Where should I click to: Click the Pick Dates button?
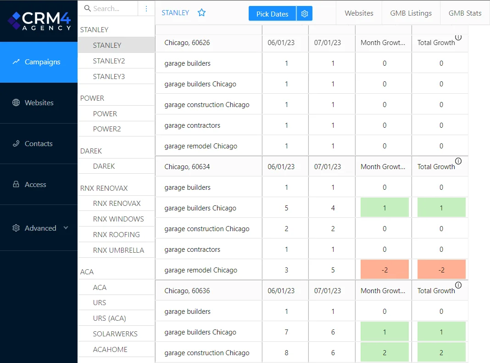[x=272, y=14]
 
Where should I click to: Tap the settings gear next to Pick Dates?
[x=305, y=14]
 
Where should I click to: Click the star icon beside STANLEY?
[x=201, y=13]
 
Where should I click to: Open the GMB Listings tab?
[x=411, y=13]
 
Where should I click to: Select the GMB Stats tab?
[x=465, y=13]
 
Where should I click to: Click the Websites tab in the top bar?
[x=359, y=13]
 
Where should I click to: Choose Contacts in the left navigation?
[x=39, y=144]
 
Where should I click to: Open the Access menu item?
[x=35, y=185]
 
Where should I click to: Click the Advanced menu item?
[x=40, y=228]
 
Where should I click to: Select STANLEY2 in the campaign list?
[x=109, y=61]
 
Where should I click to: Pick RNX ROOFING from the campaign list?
[x=116, y=234]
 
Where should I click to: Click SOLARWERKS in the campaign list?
[x=115, y=334]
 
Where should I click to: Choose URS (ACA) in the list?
[x=109, y=318]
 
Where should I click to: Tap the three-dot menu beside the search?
[x=146, y=8]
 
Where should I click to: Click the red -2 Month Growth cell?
[x=384, y=270]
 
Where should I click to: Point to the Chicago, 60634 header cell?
[x=187, y=167]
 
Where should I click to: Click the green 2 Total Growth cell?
[x=441, y=352]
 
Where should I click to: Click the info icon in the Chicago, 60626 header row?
[x=458, y=37]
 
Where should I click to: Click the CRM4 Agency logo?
[x=39, y=21]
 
